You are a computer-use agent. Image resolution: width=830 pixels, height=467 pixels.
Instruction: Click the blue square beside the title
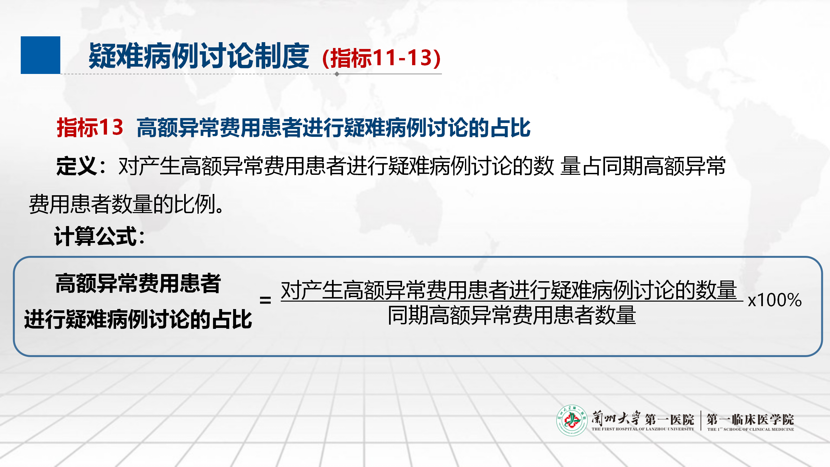[x=41, y=55]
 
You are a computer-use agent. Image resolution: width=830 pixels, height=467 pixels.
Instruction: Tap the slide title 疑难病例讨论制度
[x=199, y=56]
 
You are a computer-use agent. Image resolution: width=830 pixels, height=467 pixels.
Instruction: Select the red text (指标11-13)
[x=382, y=58]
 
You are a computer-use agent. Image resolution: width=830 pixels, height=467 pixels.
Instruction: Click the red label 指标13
[x=90, y=127]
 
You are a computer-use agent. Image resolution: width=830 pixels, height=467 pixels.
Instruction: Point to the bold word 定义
[x=76, y=166]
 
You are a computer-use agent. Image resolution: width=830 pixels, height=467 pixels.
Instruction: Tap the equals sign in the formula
[x=265, y=300]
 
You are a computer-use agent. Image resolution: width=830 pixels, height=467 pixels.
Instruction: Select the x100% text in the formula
[x=775, y=300]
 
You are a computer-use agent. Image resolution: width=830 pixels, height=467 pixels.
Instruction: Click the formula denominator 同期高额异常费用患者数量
[x=512, y=315]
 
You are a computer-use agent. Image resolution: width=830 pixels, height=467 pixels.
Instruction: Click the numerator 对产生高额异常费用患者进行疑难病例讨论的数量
[x=509, y=290]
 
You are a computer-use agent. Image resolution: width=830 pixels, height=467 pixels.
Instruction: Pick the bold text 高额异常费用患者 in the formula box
[x=138, y=283]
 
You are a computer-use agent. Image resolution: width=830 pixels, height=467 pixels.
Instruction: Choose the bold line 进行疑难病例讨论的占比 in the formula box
[x=138, y=319]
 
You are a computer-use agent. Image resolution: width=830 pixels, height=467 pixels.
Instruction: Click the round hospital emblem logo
[x=572, y=420]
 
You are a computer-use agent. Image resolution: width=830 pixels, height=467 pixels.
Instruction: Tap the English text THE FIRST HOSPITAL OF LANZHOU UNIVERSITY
[x=643, y=429]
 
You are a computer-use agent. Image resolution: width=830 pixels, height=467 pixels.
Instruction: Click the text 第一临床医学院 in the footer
[x=750, y=419]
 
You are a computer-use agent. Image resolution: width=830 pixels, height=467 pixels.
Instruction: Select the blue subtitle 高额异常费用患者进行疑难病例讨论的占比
[x=334, y=127]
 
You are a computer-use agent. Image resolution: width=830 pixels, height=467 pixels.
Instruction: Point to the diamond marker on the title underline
[x=337, y=74]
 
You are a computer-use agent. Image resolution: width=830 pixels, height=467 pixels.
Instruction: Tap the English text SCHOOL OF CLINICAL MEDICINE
[x=759, y=429]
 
